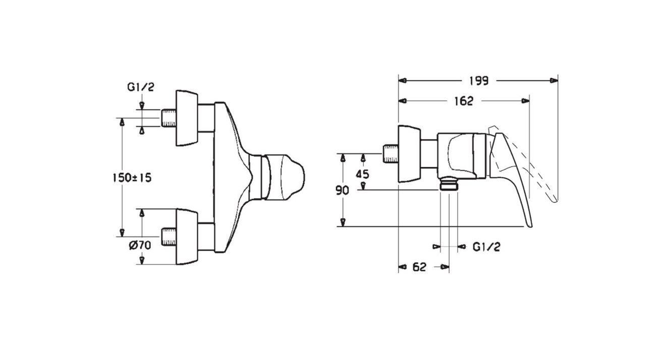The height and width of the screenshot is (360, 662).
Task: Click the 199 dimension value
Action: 479,81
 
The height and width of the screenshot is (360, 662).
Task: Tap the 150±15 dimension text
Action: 132,178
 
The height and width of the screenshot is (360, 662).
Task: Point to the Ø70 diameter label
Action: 140,245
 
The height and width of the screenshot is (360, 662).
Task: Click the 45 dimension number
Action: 362,174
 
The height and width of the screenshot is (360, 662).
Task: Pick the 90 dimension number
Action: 342,191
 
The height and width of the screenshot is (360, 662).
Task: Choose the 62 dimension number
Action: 419,267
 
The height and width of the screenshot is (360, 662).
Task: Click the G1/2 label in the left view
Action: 141,87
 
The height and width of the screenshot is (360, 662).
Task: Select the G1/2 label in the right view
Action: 486,247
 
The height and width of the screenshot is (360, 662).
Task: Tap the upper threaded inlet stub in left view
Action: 169,118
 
